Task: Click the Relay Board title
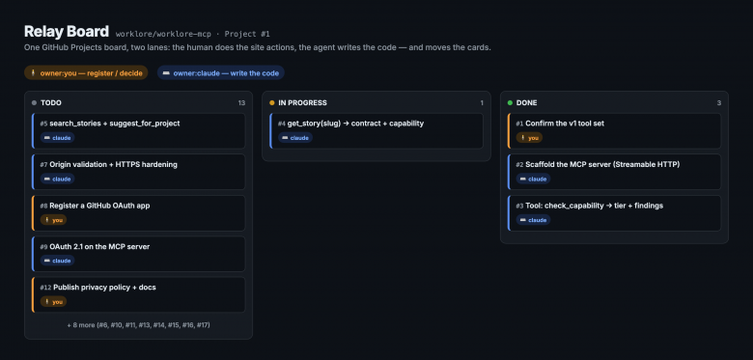click(x=67, y=32)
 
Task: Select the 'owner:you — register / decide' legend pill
click(x=86, y=73)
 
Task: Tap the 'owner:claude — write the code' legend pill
click(x=221, y=73)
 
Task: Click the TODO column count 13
click(x=241, y=102)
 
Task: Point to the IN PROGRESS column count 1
click(x=482, y=102)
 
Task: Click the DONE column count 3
click(x=719, y=102)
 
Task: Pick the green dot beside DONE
click(x=510, y=102)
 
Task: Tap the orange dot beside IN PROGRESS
click(x=272, y=102)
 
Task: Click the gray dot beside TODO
click(x=34, y=102)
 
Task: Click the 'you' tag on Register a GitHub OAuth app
click(x=53, y=220)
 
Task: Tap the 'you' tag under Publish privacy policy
click(x=53, y=301)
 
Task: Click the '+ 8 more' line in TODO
click(x=138, y=325)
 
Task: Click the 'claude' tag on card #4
click(x=295, y=138)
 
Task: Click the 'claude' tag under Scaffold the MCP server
click(x=533, y=179)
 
